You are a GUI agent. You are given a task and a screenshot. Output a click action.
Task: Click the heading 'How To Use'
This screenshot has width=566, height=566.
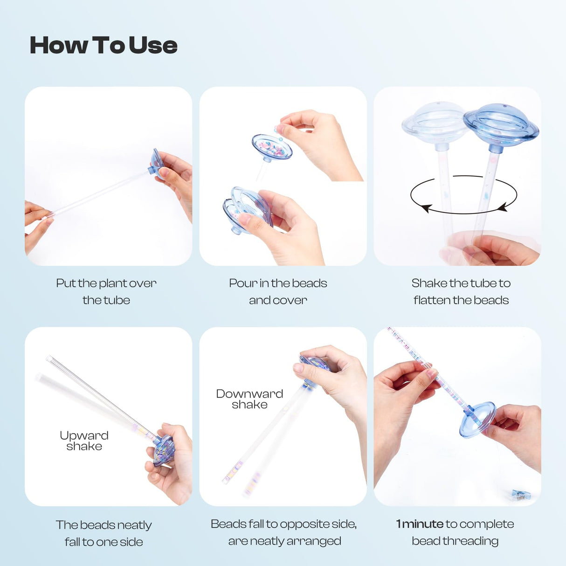click(104, 45)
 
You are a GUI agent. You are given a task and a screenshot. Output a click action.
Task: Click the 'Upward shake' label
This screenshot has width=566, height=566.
click(84, 441)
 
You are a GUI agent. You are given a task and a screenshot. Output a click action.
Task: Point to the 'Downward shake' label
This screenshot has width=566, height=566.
click(249, 399)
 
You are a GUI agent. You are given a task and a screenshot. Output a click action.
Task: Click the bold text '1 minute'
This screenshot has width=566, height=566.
click(420, 524)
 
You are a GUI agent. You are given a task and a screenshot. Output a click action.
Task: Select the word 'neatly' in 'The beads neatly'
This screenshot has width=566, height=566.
click(135, 525)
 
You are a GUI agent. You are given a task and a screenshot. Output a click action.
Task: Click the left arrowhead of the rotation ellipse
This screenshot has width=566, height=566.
click(426, 208)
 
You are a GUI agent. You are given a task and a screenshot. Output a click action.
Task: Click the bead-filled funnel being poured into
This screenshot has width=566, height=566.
click(272, 148)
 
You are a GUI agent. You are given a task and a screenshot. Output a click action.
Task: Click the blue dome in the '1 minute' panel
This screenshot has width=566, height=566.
click(477, 420)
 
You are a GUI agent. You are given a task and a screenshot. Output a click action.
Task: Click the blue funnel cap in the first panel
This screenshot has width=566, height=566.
click(157, 164)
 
